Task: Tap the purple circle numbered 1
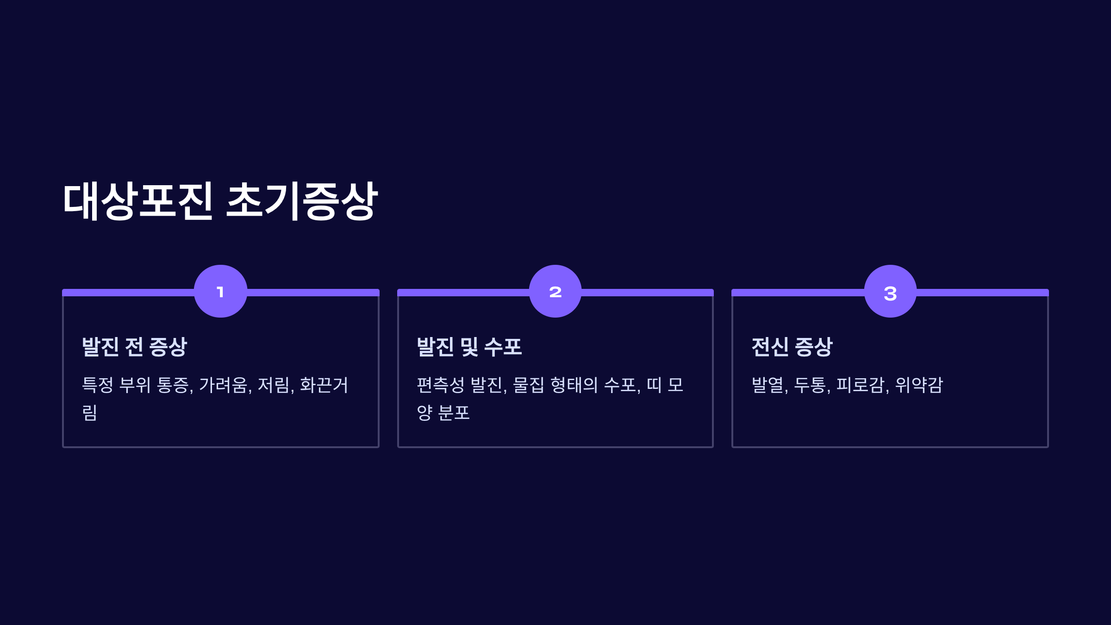[x=220, y=291]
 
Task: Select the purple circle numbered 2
[x=555, y=291]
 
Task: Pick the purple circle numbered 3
[x=890, y=291]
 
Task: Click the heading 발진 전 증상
[x=134, y=347]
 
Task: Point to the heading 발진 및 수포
[x=469, y=347]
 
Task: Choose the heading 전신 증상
[x=792, y=347]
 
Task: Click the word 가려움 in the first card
[x=225, y=385]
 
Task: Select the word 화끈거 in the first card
[x=324, y=385]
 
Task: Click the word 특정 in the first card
[x=97, y=385]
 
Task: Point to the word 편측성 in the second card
[x=440, y=385]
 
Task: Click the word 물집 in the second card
[x=528, y=385]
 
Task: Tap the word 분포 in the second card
[x=454, y=413]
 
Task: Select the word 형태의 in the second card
[x=574, y=385]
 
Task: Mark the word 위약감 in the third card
[x=919, y=385]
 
